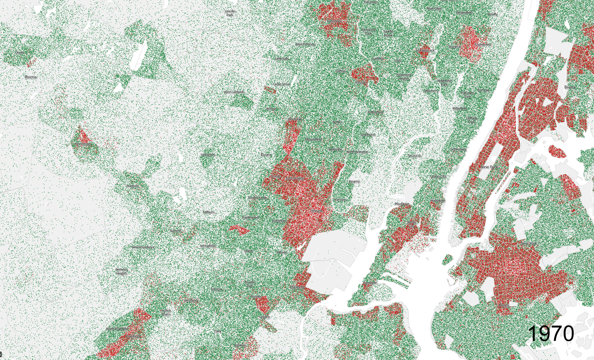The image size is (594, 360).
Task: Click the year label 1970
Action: click(x=551, y=333)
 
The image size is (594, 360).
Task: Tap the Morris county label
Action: click(x=31, y=77)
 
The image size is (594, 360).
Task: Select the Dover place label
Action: click(x=19, y=53)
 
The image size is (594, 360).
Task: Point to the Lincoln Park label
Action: click(x=230, y=13)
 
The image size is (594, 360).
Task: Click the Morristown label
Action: click(x=83, y=144)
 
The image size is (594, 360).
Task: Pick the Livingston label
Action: click(x=208, y=155)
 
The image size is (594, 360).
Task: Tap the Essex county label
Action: click(x=266, y=155)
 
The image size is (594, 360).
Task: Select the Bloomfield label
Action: click(x=313, y=139)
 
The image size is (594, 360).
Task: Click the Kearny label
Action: click(x=354, y=181)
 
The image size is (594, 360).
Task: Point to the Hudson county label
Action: click(x=402, y=204)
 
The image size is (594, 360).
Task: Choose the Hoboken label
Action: click(x=437, y=201)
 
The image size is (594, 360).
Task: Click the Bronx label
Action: click(x=570, y=87)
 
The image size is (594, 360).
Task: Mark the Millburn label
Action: click(x=208, y=212)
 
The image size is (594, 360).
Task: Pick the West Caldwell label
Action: click(x=234, y=92)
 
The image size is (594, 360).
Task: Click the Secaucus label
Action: click(x=414, y=156)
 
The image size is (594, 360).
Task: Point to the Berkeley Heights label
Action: click(x=122, y=271)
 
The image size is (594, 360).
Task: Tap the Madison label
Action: click(x=132, y=186)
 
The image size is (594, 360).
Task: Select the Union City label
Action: click(x=438, y=177)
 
